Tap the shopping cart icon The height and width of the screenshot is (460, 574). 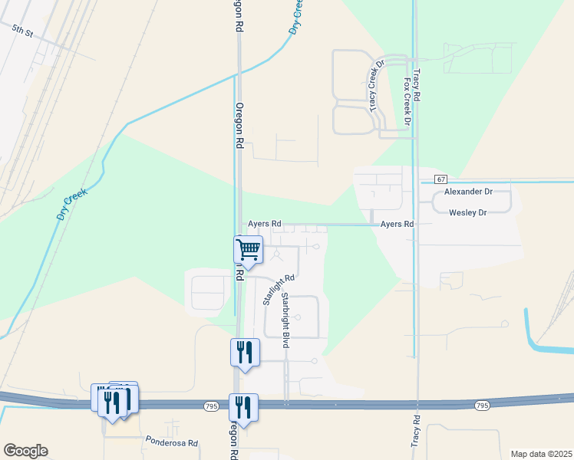(248, 250)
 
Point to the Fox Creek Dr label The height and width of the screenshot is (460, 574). (407, 100)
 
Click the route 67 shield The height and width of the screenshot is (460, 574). (440, 179)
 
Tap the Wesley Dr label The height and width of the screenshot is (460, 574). (468, 212)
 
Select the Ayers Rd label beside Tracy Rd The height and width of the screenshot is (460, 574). (398, 224)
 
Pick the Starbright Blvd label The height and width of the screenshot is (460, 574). (285, 320)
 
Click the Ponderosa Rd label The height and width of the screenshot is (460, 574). (172, 442)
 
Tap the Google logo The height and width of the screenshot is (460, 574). (25, 451)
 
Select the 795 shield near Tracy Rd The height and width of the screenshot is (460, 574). (481, 405)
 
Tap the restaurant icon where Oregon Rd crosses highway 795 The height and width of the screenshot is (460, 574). (244, 409)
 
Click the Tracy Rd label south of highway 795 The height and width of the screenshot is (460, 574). (415, 432)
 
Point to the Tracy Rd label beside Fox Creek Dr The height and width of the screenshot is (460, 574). (416, 85)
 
